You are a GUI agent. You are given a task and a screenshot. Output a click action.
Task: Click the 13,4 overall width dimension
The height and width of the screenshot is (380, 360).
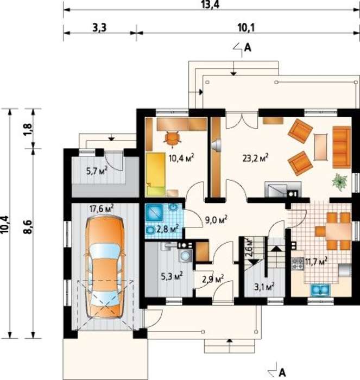coord(211,4)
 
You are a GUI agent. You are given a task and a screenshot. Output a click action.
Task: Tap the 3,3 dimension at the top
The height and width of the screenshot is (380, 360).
coord(99,28)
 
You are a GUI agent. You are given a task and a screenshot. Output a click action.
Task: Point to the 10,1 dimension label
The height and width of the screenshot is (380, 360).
coord(246,28)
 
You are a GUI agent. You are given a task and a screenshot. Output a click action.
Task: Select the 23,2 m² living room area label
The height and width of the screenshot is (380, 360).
coord(255,158)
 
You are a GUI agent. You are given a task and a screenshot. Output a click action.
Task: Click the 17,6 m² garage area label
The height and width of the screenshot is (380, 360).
coord(102,208)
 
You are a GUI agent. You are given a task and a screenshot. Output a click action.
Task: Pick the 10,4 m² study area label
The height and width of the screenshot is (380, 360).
coord(181,158)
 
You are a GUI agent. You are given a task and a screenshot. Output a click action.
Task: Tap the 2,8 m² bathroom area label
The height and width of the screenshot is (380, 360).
coord(168,229)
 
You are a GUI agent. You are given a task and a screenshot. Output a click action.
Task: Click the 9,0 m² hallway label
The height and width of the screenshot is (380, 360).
coord(216,220)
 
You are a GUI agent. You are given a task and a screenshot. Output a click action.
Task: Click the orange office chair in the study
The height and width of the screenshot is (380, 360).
coord(173,138)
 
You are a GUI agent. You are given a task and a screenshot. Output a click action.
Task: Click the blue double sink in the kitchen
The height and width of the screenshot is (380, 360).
coord(320,289)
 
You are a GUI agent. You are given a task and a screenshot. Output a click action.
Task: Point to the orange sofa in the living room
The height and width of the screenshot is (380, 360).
coord(342,147)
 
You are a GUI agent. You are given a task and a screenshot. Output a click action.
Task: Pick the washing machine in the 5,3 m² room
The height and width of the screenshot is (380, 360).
coord(186,256)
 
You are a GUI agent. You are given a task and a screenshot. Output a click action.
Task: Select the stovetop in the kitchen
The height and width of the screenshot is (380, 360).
coord(298,264)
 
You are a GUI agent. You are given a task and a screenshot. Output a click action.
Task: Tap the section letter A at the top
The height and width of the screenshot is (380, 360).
coord(248,48)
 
